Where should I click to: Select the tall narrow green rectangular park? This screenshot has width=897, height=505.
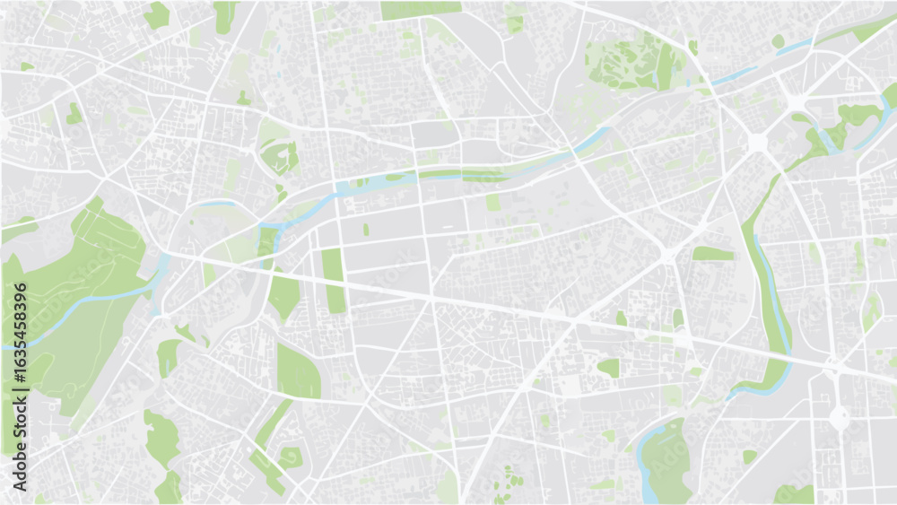(334, 280)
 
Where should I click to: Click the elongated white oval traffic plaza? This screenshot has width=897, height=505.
(839, 416)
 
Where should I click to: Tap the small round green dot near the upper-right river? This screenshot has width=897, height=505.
(778, 41)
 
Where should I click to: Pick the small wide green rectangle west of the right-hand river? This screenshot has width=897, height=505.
(712, 254)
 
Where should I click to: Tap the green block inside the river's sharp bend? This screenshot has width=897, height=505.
(267, 240)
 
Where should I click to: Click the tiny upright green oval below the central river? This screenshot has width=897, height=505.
(366, 230)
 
